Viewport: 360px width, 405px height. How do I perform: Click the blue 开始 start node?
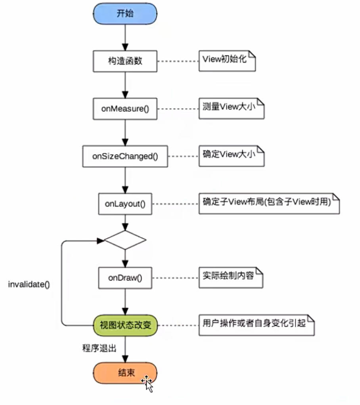[x=125, y=13]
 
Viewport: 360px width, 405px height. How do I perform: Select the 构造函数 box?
[x=125, y=61]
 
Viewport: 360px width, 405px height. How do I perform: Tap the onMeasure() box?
[x=125, y=109]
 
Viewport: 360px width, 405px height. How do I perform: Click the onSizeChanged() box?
[x=125, y=156]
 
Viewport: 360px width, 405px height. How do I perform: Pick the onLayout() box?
[x=125, y=204]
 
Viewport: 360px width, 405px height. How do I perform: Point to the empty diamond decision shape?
[x=125, y=240]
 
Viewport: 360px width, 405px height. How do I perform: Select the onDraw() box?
[x=125, y=277]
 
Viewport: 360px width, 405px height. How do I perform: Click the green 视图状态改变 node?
[x=125, y=325]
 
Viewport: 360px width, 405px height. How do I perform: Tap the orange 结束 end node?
[x=125, y=373]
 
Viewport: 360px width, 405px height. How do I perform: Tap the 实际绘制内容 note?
[x=231, y=277]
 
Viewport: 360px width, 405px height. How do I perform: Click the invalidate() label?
[x=29, y=285]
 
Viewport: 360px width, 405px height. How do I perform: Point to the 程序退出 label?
[x=99, y=348]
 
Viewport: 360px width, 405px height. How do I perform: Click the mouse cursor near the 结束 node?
[x=147, y=383]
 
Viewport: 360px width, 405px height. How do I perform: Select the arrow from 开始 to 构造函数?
[x=125, y=36]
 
